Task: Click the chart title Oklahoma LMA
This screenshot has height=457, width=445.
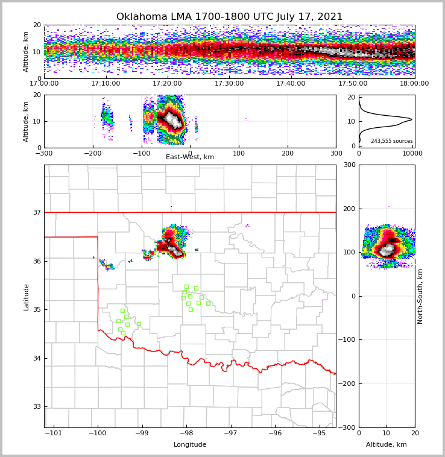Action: point(229,17)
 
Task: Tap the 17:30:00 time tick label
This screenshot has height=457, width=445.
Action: point(229,84)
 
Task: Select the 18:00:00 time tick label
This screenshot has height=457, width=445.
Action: point(414,84)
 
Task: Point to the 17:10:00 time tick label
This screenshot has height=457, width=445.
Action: point(106,84)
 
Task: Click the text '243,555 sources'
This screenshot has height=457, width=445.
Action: point(391,141)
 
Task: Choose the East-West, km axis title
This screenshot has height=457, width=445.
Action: point(190,157)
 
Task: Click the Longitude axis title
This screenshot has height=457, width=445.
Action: point(190,445)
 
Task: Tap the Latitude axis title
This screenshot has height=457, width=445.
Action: point(26,297)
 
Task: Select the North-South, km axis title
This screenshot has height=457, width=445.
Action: point(420,296)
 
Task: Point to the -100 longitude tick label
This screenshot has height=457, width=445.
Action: point(97,433)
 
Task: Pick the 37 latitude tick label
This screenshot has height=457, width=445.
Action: point(37,212)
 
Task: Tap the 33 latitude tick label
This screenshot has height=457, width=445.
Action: point(37,407)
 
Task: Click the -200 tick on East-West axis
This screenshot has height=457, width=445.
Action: point(92,153)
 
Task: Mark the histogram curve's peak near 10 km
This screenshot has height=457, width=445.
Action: point(412,119)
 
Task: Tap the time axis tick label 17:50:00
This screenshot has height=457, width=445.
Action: point(353,84)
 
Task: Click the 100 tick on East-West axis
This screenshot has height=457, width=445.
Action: point(239,153)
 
